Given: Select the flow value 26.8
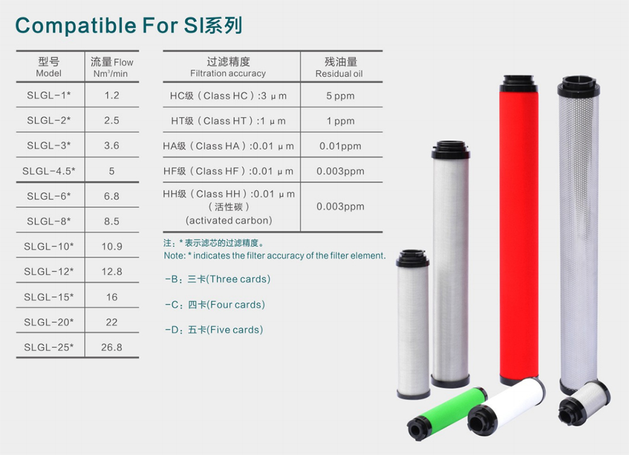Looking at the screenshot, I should point(112,347).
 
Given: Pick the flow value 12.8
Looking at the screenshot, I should point(112,271).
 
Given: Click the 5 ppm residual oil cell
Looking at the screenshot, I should point(340,96).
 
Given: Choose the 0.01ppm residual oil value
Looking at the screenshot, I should point(340,146).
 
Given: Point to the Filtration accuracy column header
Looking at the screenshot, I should point(228,67).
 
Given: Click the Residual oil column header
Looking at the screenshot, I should point(340,67).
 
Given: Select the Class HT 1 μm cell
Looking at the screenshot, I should point(228,121).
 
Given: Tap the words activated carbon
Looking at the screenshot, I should point(228,220).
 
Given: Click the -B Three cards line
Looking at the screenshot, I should point(217,279).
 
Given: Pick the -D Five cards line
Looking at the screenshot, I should point(214,330).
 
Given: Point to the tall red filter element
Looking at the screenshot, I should point(519,232).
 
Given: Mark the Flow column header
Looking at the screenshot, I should point(112,67).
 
